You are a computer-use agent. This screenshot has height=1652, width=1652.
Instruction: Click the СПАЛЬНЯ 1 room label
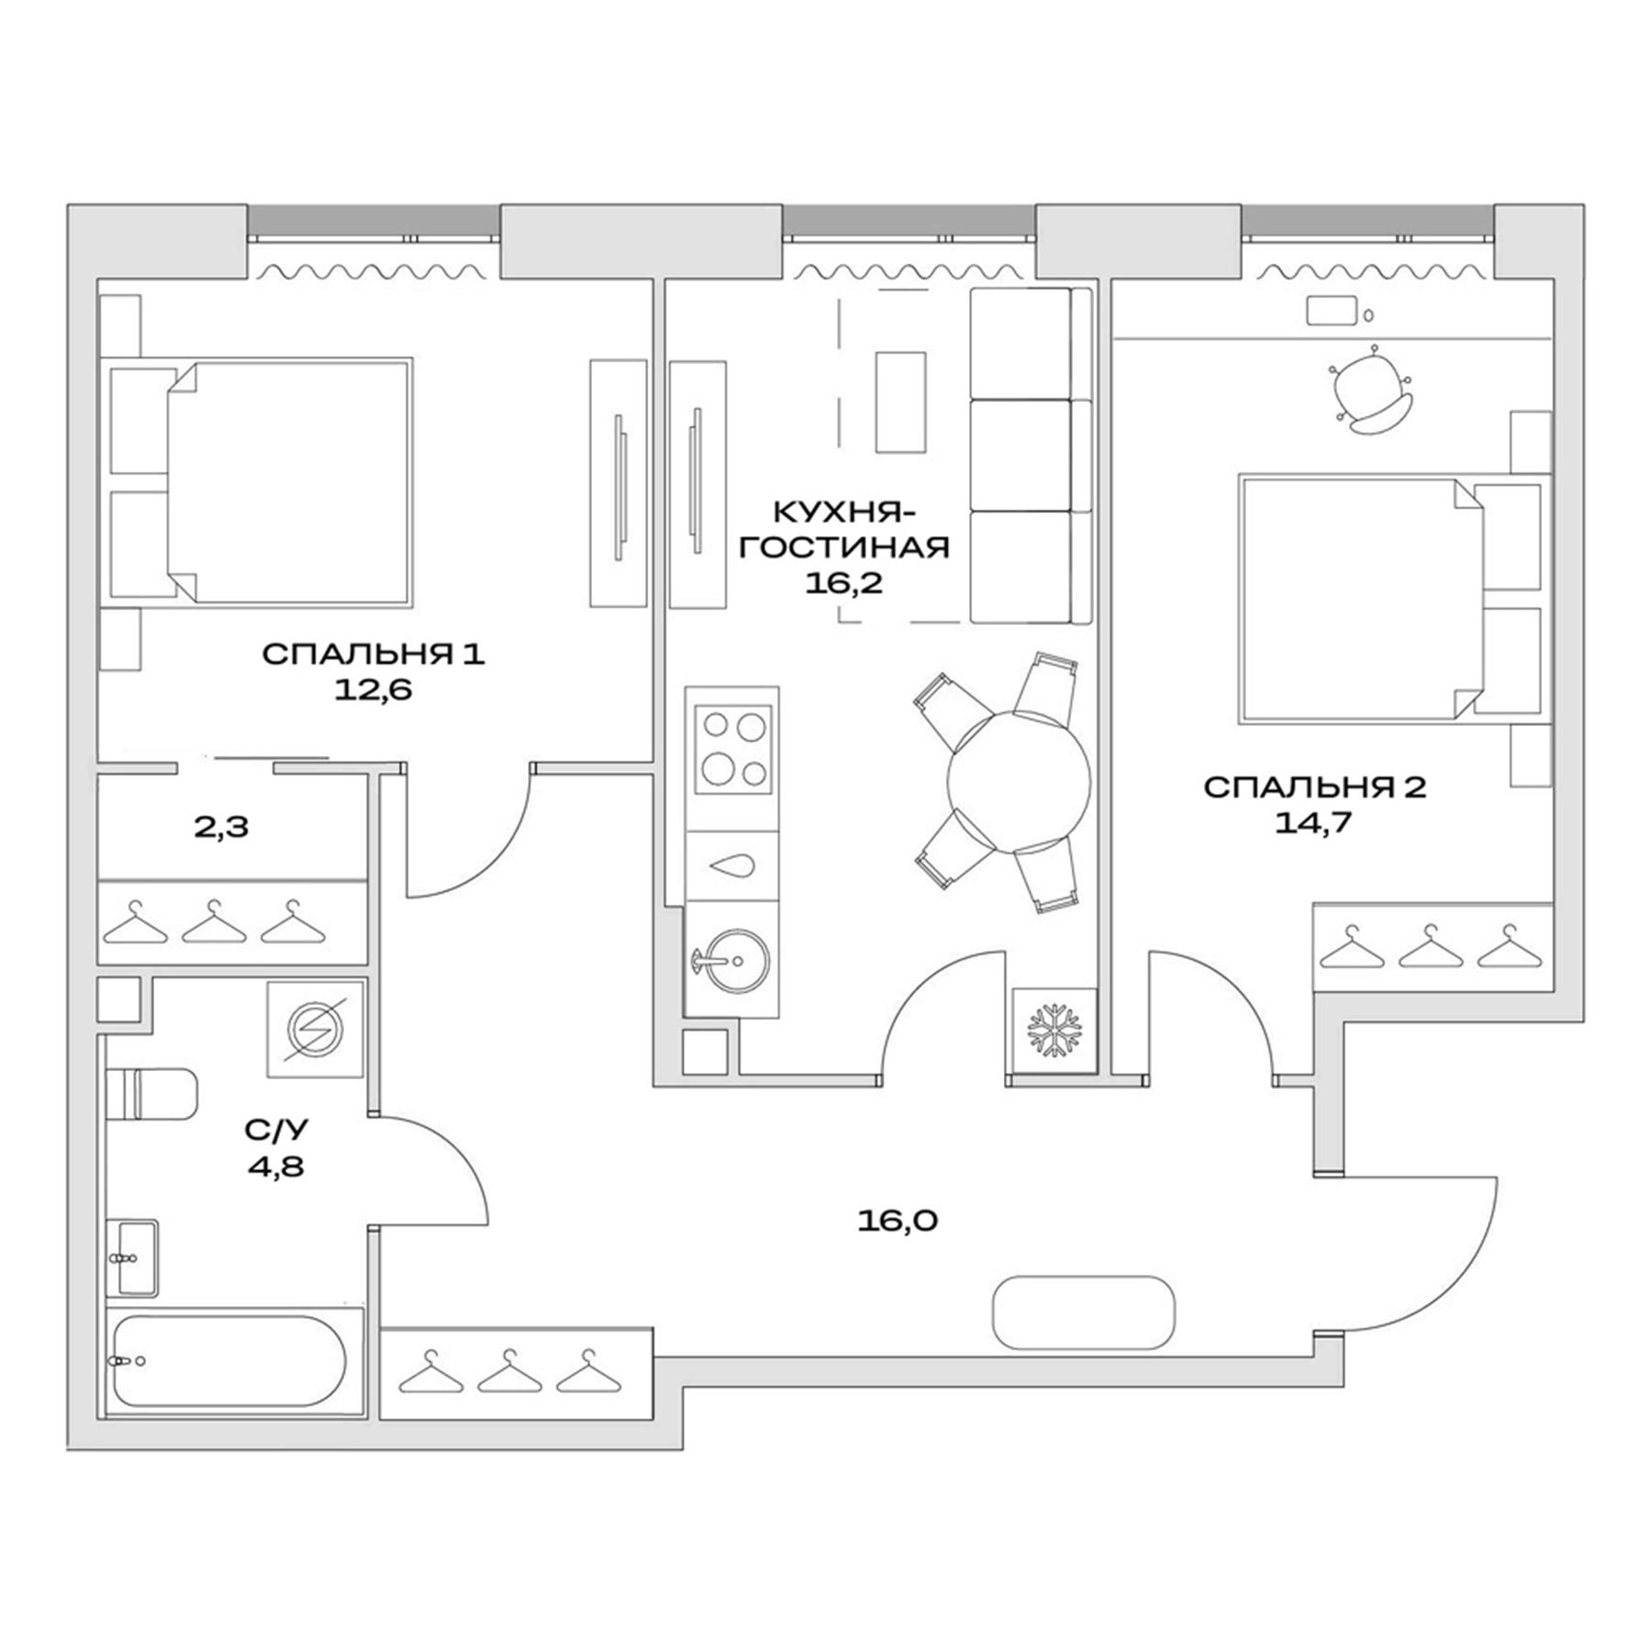[373, 654]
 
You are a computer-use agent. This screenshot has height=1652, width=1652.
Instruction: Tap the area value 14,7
[1313, 822]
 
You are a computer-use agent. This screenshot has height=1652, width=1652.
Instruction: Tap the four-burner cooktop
[732, 749]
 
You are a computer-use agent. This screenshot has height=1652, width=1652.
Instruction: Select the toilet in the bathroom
[152, 1094]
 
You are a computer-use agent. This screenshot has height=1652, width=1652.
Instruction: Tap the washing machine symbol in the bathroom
[315, 1029]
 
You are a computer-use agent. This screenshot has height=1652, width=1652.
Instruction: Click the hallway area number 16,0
[898, 1221]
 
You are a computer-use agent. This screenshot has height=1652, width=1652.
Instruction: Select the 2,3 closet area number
[221, 827]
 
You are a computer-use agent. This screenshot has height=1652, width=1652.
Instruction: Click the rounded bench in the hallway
[1084, 1312]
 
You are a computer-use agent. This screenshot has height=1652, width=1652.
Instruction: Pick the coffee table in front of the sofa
[899, 402]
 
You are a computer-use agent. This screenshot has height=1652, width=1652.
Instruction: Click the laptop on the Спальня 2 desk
[1330, 311]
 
